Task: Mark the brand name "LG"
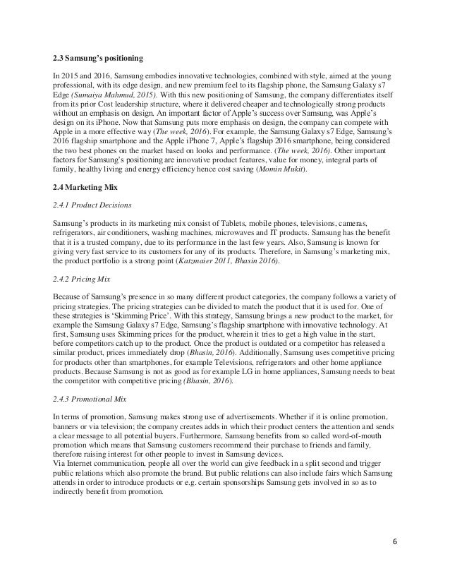point(262,373)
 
